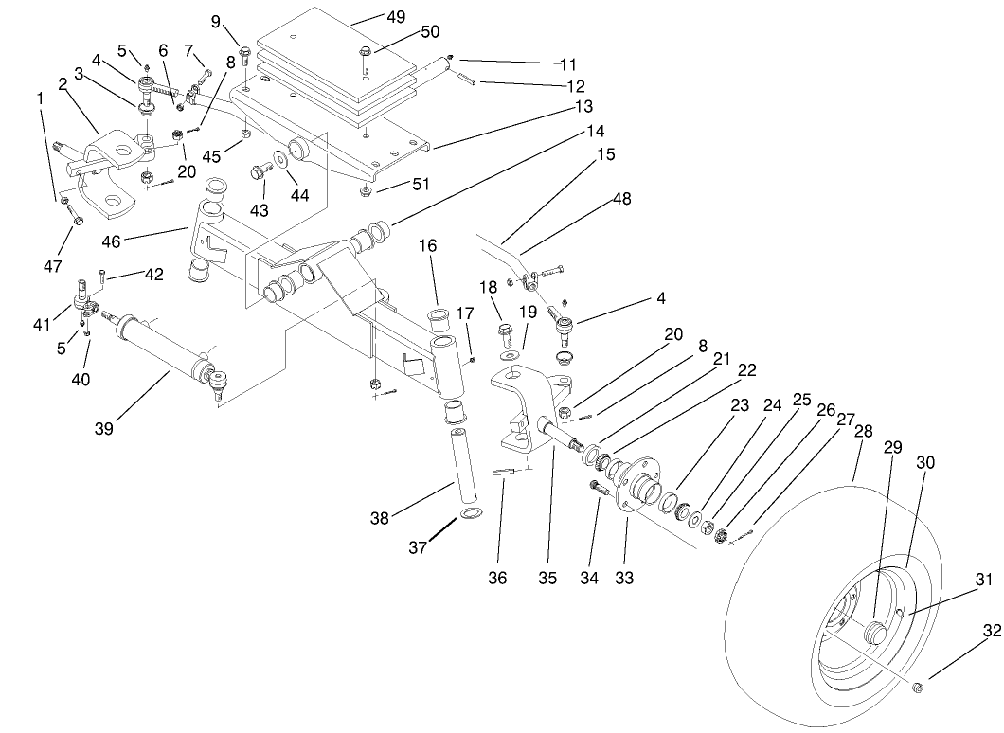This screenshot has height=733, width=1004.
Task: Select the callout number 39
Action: (x=103, y=429)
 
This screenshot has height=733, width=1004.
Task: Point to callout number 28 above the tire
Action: (x=863, y=431)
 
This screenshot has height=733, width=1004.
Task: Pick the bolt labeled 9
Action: (x=244, y=53)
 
